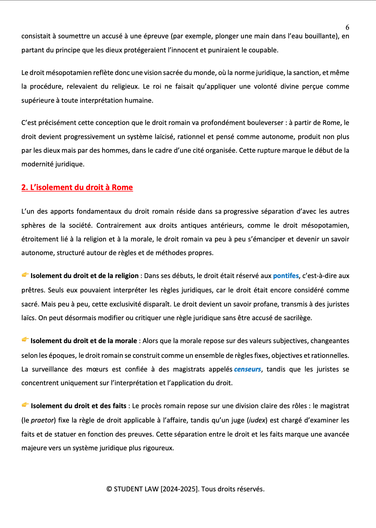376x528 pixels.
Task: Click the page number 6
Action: tap(347, 28)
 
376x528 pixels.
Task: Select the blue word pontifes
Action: tap(286, 276)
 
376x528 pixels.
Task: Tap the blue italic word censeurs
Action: tap(247, 369)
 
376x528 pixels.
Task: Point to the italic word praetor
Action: tap(42, 420)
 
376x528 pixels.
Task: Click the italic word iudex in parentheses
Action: tap(257, 420)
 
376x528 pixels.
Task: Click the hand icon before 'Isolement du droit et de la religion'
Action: tap(25, 275)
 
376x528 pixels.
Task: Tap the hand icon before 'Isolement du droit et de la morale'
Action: tap(25, 340)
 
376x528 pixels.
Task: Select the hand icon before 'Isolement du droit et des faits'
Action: tap(25, 405)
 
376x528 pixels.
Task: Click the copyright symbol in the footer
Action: tap(109, 489)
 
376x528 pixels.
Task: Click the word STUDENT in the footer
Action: tap(128, 489)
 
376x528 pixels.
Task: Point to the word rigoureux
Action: tap(158, 448)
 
